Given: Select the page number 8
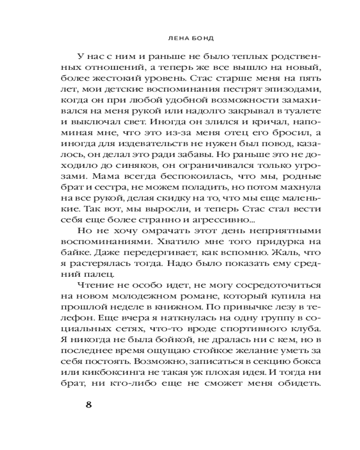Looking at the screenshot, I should click(x=89, y=404).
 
